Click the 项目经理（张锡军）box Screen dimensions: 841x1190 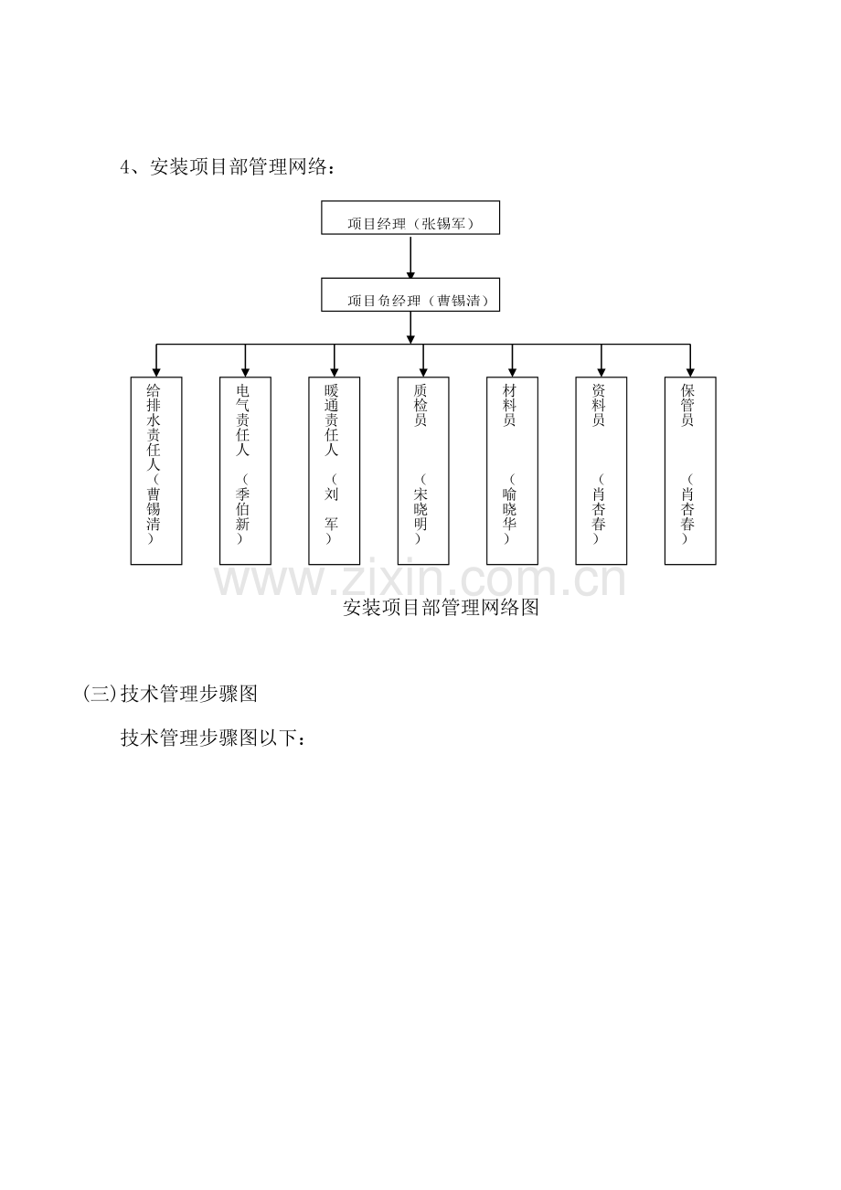click(x=410, y=218)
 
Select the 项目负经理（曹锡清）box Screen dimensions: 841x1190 click(x=410, y=294)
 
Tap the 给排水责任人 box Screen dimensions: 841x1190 click(x=156, y=471)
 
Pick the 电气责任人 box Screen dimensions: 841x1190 click(x=246, y=471)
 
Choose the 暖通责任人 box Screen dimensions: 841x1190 click(x=335, y=471)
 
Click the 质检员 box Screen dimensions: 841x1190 click(x=423, y=471)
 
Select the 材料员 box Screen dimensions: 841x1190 click(x=512, y=471)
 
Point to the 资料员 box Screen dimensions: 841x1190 click(x=601, y=471)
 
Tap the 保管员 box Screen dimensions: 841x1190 click(x=690, y=471)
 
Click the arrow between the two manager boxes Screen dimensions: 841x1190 click(x=410, y=256)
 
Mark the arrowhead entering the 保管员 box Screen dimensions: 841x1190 click(x=690, y=372)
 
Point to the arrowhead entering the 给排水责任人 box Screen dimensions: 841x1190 click(x=156, y=372)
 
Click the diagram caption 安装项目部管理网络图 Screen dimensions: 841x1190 click(x=441, y=607)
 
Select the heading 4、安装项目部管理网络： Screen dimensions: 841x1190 click(x=229, y=167)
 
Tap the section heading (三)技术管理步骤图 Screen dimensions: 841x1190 click(x=171, y=694)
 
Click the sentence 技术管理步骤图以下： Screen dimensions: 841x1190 click(x=213, y=738)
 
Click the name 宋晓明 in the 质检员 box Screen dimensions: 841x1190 click(x=420, y=509)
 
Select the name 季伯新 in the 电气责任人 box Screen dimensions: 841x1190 click(x=243, y=509)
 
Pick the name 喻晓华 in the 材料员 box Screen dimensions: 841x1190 click(x=509, y=509)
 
